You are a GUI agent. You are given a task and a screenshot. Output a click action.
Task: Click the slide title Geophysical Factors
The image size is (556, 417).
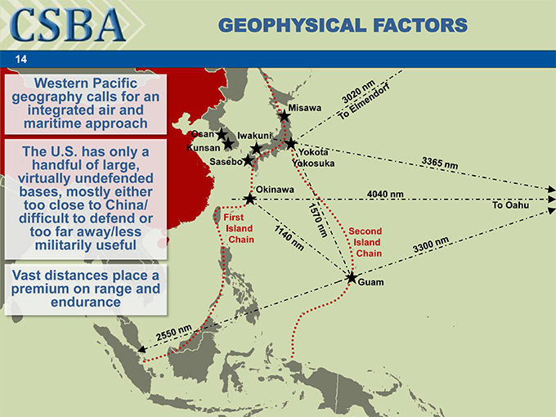click(343, 25)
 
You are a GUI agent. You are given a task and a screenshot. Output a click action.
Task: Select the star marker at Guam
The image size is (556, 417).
click(352, 278)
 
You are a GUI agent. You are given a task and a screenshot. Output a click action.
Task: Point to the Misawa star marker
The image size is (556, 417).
click(284, 117)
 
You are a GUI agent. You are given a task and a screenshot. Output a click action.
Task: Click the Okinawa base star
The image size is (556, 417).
click(250, 199)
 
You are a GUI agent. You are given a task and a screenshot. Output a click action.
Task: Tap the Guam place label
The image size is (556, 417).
click(370, 283)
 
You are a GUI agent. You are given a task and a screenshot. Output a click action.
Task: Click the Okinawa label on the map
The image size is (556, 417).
click(275, 190)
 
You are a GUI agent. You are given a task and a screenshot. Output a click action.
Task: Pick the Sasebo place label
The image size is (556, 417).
click(226, 161)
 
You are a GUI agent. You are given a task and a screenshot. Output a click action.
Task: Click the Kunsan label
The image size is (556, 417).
click(203, 148)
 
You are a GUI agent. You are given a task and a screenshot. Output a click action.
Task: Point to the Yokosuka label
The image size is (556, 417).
click(316, 163)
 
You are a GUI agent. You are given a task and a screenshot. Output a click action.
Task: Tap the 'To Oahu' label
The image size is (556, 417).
click(511, 205)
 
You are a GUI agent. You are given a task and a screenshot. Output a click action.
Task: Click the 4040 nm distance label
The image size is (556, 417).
click(385, 194)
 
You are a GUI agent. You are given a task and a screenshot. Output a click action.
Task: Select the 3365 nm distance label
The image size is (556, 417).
click(440, 163)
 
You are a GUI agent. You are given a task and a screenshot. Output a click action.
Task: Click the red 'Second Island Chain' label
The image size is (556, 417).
click(365, 242)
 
